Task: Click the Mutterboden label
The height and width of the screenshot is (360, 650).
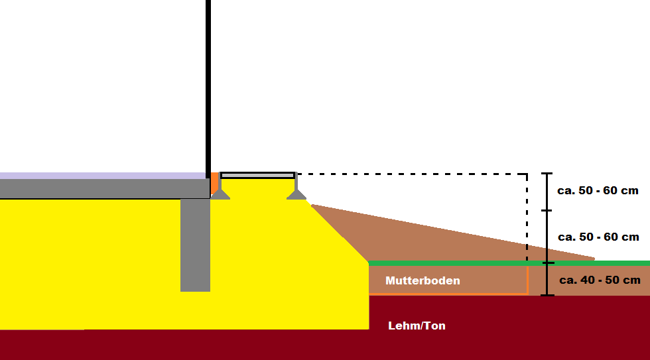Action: (x=422, y=280)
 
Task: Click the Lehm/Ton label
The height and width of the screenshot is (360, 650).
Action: (x=417, y=326)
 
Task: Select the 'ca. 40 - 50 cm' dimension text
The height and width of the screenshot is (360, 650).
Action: (x=600, y=280)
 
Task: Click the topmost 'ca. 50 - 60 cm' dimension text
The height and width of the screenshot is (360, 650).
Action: (x=598, y=190)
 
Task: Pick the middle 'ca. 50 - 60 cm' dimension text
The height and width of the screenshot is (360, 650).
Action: (x=598, y=237)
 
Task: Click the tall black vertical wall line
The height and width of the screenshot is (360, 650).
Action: (x=208, y=86)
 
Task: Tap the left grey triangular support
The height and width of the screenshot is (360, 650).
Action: (x=220, y=194)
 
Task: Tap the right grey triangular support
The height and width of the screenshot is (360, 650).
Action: (x=296, y=194)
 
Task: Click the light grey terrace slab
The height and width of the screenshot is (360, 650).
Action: (x=257, y=176)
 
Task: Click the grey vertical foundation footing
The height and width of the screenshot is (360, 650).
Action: (x=195, y=245)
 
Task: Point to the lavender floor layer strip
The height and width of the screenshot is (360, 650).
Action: (x=99, y=176)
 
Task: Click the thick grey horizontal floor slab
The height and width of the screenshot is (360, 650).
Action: (x=99, y=188)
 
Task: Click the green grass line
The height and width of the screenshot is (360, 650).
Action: (x=504, y=263)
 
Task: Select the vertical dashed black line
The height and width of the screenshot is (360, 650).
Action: (x=527, y=219)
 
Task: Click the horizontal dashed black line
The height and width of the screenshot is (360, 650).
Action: (x=411, y=174)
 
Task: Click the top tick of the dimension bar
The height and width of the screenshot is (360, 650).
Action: (x=547, y=174)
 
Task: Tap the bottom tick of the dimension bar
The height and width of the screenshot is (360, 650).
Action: (x=547, y=294)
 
